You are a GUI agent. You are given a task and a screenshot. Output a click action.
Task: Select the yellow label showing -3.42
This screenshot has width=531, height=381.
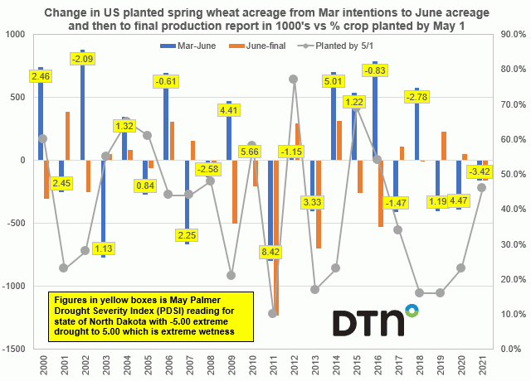pyautogui.click(x=479, y=171)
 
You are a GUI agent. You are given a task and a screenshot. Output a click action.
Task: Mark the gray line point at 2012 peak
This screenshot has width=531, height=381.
pyautogui.click(x=293, y=79)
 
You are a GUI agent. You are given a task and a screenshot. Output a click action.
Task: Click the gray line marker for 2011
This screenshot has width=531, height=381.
pyautogui.click(x=272, y=313)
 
